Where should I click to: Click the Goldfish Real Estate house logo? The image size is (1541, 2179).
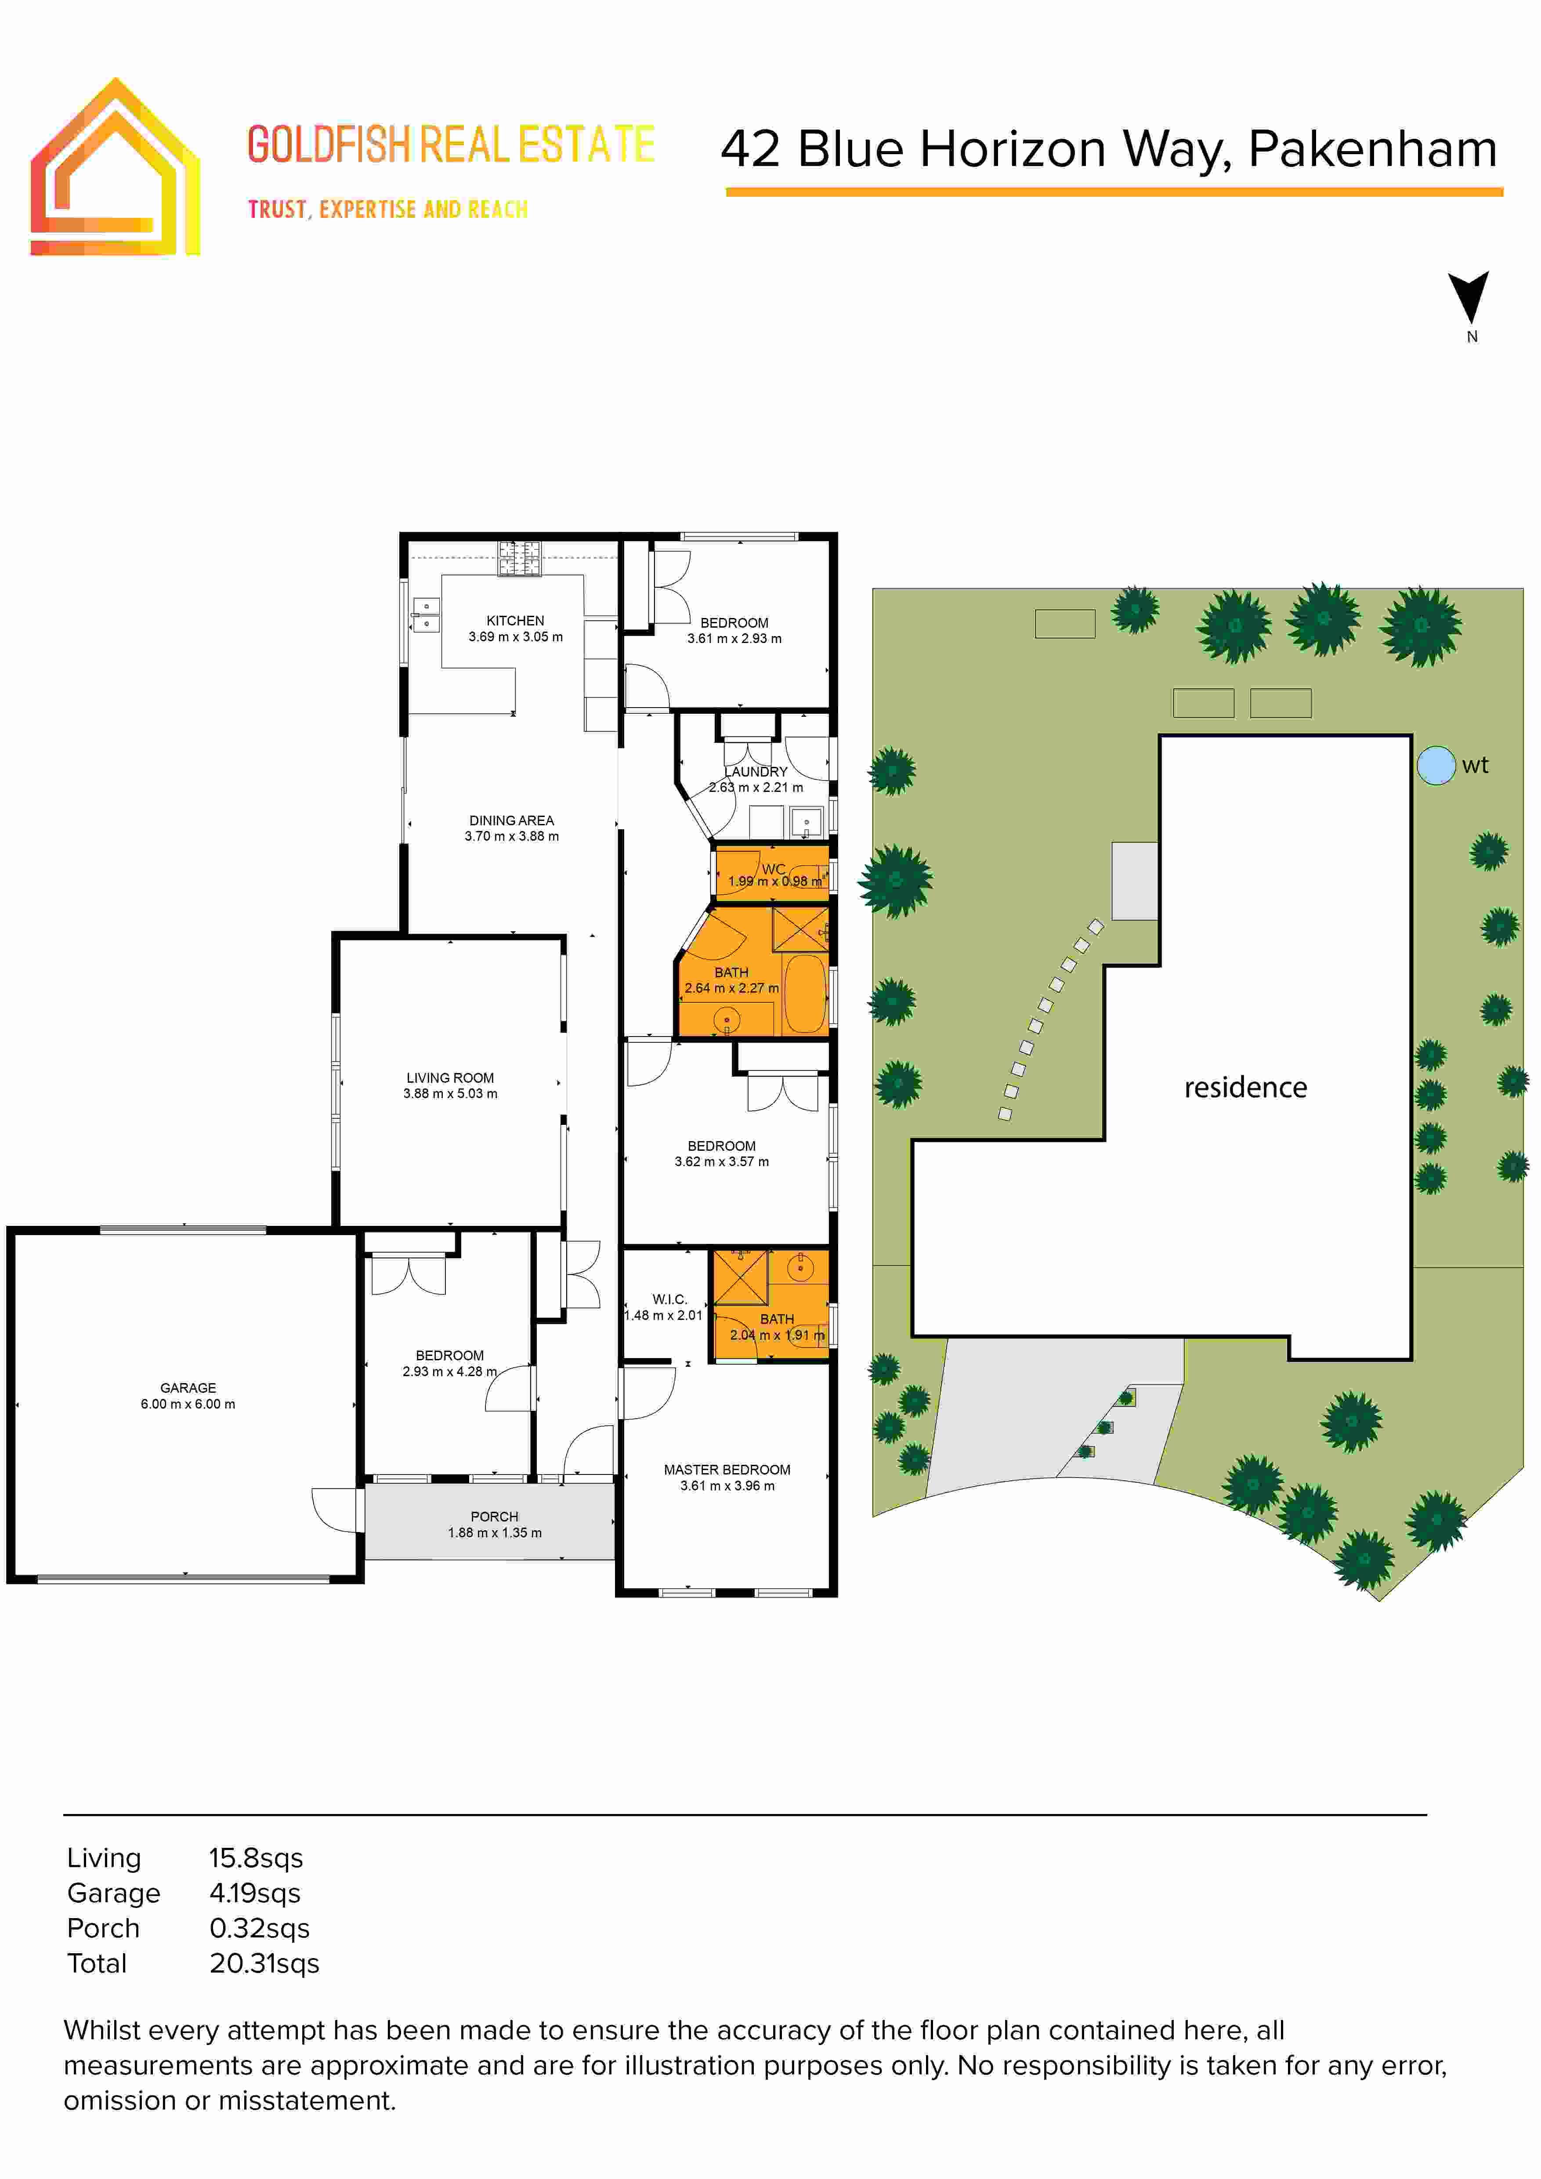point(115,168)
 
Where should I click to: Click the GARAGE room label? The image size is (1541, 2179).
point(188,1388)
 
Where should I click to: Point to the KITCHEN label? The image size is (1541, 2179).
point(515,621)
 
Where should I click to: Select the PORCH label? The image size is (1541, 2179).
point(494,1517)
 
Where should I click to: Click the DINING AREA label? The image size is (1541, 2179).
point(511,820)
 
